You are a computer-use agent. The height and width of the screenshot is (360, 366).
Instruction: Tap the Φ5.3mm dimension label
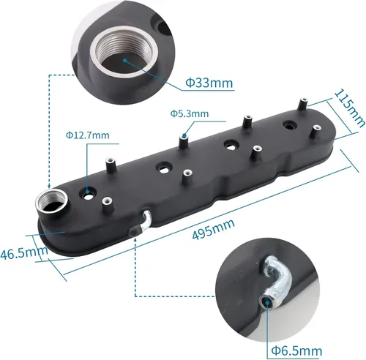[189, 113]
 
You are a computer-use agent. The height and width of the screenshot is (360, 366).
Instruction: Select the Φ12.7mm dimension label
[87, 135]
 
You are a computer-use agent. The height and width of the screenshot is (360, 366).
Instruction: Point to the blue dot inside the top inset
[125, 63]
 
